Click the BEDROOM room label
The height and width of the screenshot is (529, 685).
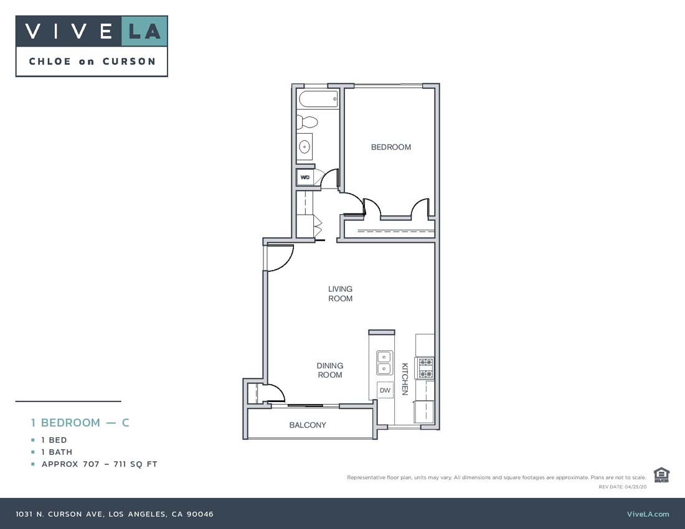(390, 147)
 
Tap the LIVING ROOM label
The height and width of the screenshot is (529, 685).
(341, 294)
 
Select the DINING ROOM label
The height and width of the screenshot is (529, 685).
(330, 370)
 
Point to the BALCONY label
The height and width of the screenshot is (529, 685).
(308, 425)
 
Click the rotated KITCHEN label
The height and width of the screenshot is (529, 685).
(405, 379)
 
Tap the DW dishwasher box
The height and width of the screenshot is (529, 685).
(385, 390)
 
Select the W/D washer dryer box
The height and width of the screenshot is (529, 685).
(305, 177)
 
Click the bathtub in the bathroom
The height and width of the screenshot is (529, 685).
(318, 98)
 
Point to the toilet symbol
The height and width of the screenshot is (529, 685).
(307, 121)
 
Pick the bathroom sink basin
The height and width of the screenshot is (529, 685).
(305, 147)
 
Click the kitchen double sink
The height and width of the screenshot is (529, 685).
(384, 362)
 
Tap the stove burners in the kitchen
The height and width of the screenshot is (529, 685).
(425, 367)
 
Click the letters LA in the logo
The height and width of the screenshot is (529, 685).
(144, 31)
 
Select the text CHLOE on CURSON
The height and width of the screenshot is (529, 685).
(92, 62)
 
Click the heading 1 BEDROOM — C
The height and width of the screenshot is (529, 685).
(80, 423)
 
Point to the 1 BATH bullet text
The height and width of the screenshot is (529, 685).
(57, 452)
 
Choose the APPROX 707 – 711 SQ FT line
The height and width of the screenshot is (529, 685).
(99, 464)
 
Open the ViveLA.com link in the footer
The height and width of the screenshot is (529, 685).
(648, 514)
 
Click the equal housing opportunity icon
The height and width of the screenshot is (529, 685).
(661, 475)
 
